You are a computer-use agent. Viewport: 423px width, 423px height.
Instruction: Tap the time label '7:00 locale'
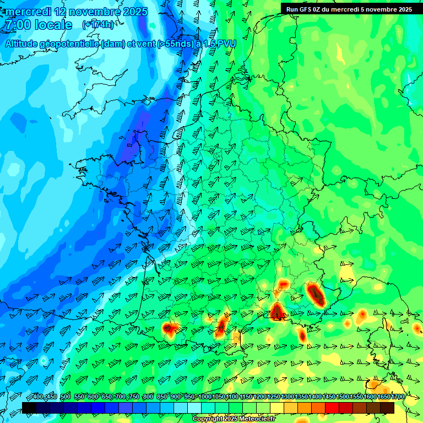point(37,25)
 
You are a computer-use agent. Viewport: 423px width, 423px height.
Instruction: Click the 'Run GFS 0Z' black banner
point(349,9)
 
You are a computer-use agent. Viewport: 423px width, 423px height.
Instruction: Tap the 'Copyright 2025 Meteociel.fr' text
point(234,419)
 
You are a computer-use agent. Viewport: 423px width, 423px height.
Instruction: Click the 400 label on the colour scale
point(37,397)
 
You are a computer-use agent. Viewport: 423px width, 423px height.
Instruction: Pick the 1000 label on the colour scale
point(204,397)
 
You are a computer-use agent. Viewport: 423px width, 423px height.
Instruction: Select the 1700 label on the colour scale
point(397,397)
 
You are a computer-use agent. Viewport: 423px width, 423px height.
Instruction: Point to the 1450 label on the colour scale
point(328,397)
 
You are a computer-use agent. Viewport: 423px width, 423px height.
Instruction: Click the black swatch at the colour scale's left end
point(29,408)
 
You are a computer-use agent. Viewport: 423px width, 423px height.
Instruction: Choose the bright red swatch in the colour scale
point(332,408)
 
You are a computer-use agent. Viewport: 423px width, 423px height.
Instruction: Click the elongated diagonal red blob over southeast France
point(316,294)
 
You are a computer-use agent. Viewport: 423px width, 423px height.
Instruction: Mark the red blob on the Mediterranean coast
point(276,311)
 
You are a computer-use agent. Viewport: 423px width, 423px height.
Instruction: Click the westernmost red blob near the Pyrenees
point(169,329)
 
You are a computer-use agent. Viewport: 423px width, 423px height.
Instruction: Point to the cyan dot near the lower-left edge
point(44,360)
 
